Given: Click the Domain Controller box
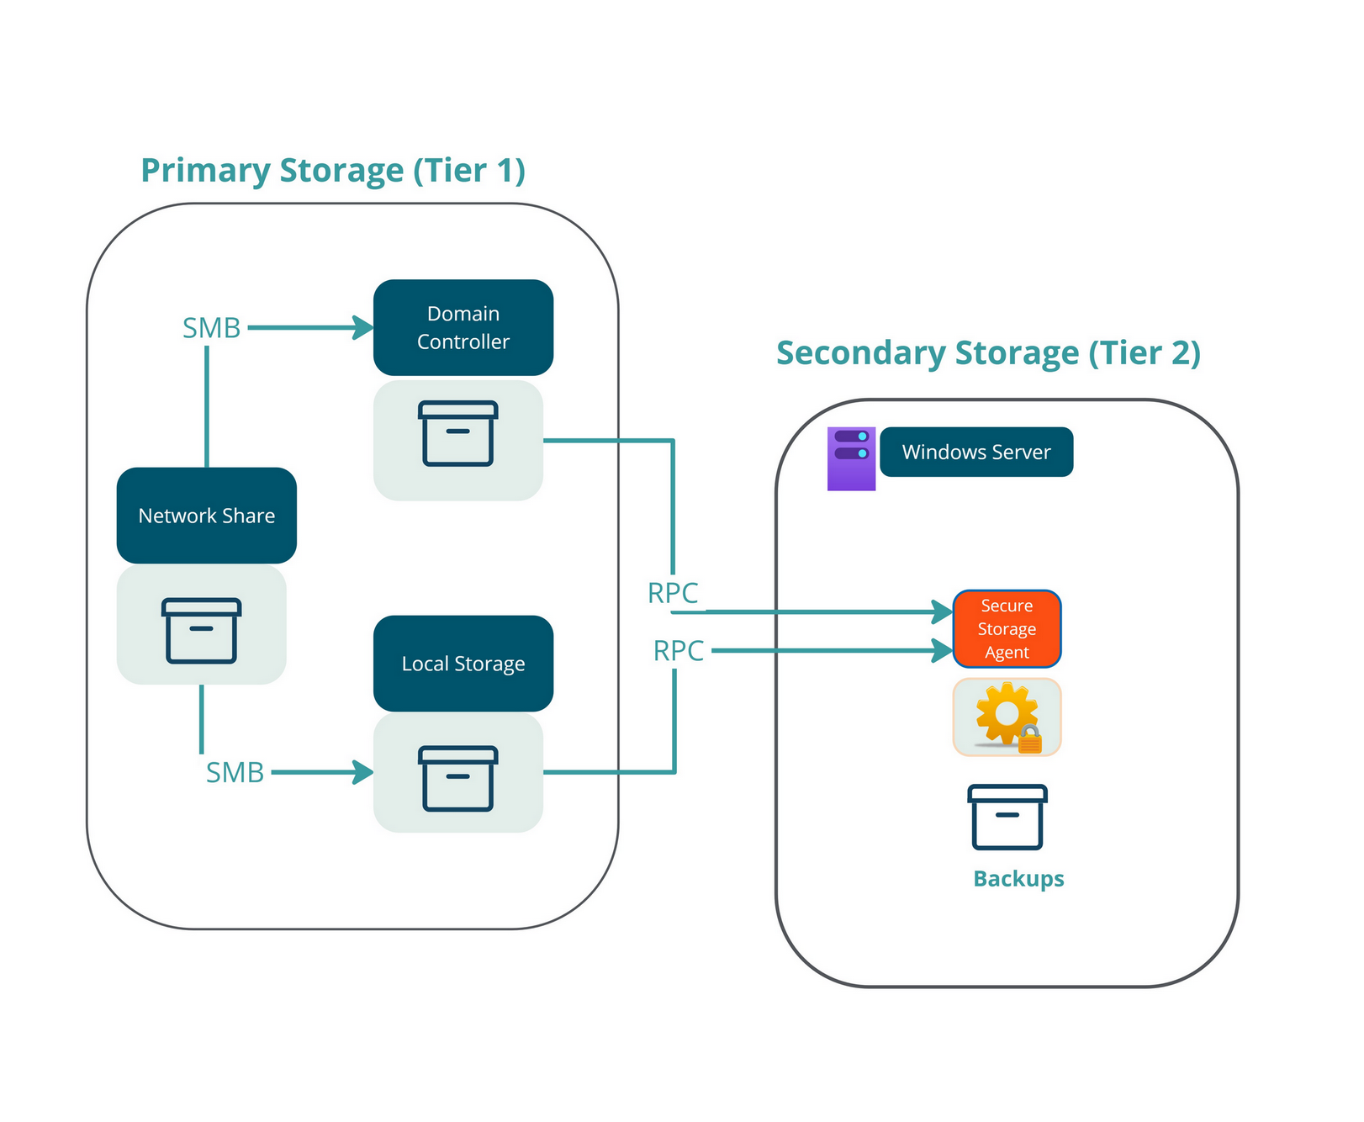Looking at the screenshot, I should [x=463, y=327].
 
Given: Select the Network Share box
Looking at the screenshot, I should [x=206, y=515].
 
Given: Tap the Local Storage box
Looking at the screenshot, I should [x=463, y=663].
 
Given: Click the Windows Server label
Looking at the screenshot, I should [x=975, y=452].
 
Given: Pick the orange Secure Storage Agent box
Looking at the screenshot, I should [x=1007, y=628].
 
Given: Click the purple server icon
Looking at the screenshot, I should [x=851, y=458].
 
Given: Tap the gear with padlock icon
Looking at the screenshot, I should [x=1007, y=717].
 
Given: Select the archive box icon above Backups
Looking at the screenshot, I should [x=1007, y=817].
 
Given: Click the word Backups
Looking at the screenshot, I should [x=1018, y=878].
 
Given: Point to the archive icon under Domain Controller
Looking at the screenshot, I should [x=457, y=434].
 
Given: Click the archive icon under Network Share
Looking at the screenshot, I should [x=201, y=630].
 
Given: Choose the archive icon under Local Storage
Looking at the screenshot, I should [x=457, y=778].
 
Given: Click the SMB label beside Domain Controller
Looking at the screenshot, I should [x=212, y=328].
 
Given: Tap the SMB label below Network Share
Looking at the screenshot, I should [x=235, y=772].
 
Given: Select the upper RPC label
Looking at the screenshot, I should [x=673, y=593].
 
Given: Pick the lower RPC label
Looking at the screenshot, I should [x=679, y=651].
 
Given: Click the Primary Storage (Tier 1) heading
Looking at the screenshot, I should [x=333, y=171].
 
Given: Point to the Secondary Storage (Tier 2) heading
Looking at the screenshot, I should [x=988, y=353].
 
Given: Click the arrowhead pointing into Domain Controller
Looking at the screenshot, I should [x=363, y=327].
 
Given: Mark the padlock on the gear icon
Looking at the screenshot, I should [x=1029, y=740].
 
